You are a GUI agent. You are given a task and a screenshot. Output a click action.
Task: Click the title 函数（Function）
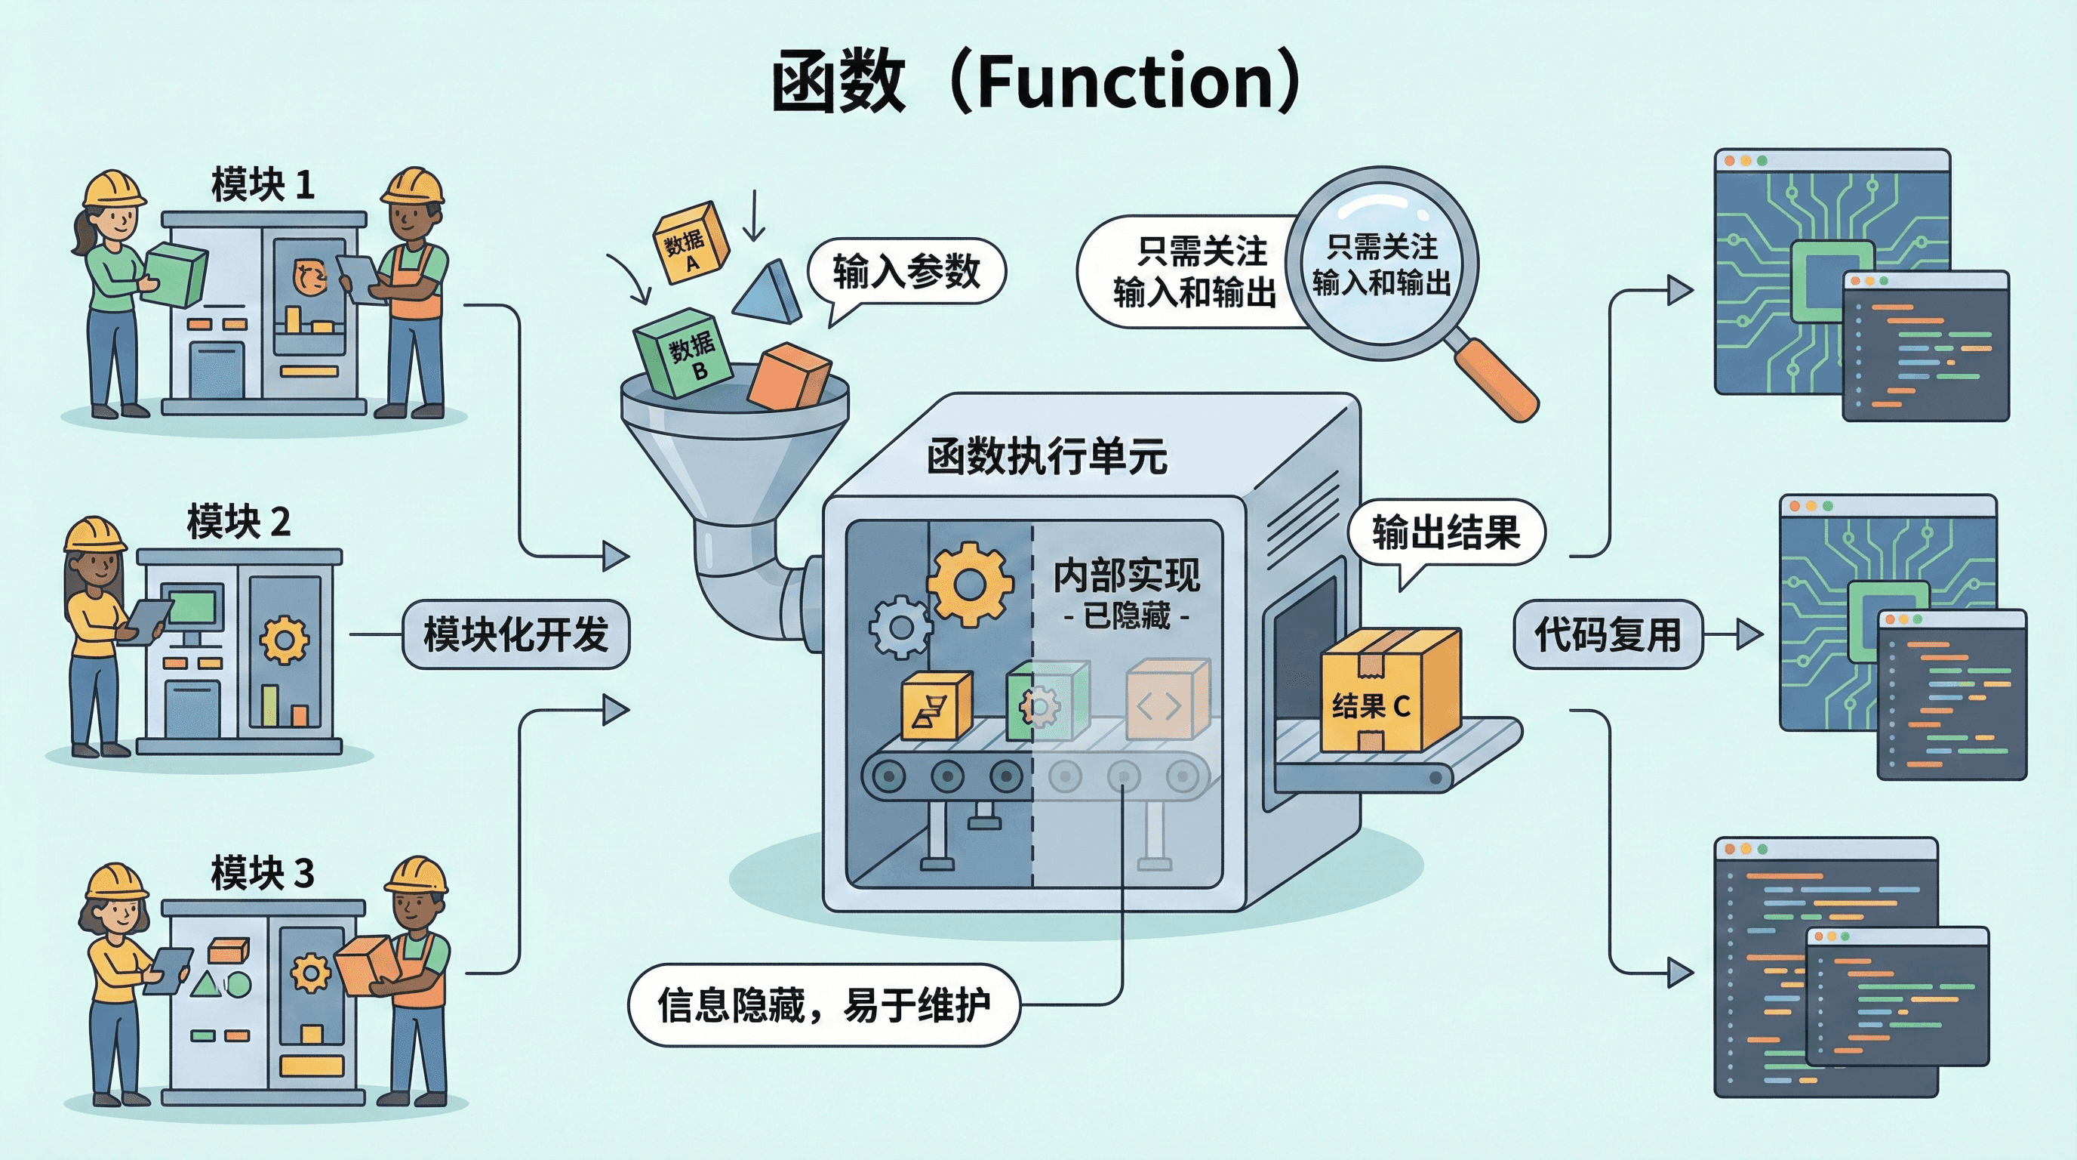tap(1037, 82)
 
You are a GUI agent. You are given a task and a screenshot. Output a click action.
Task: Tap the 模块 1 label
tap(262, 185)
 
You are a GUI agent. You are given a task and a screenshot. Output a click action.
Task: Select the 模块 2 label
tap(238, 521)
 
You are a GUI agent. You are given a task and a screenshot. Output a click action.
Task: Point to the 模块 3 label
tap(262, 873)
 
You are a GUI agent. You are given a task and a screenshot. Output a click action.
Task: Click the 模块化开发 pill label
tap(516, 634)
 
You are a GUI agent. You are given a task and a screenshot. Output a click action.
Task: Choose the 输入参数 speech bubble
tap(906, 271)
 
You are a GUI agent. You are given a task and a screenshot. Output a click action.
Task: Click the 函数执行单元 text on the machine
tap(1047, 457)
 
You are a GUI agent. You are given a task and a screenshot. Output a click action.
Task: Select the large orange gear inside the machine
tap(969, 584)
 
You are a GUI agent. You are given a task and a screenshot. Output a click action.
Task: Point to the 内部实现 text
tap(1126, 576)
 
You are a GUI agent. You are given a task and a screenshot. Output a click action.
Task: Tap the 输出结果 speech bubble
tap(1447, 532)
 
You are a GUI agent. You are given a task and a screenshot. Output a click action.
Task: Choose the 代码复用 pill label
tap(1608, 634)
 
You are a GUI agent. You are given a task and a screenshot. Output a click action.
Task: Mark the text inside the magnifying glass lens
tap(1382, 264)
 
